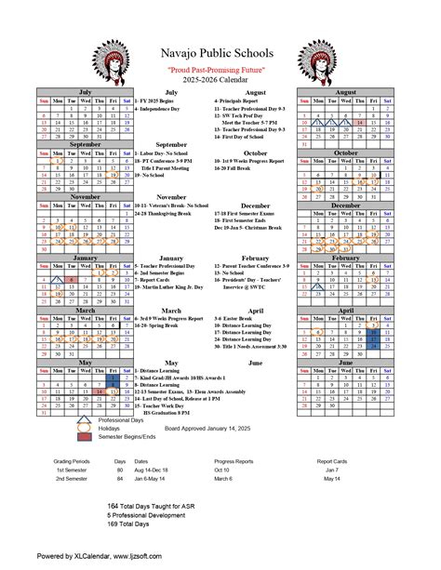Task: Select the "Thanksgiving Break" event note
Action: [167, 188]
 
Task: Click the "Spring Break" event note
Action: [159, 326]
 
